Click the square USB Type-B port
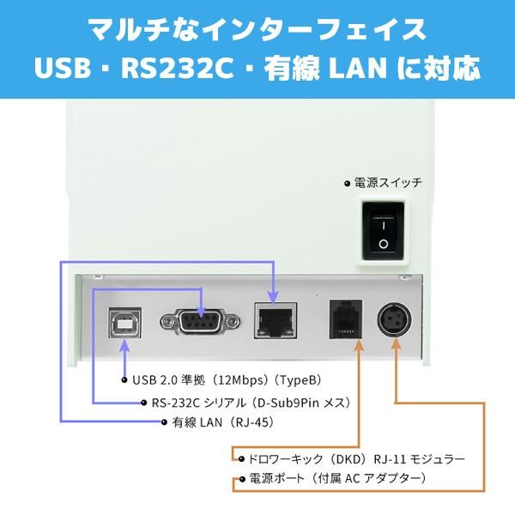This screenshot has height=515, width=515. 125,323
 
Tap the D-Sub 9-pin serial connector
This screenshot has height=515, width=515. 200,320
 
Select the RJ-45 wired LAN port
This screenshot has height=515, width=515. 276,321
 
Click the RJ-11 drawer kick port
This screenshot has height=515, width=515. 346,319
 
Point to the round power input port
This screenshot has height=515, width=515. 394,319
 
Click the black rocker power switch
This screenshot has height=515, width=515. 383,231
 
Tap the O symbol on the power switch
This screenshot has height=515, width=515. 384,244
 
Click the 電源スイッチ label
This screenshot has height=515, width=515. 388,183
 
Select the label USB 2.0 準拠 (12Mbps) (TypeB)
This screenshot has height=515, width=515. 227,380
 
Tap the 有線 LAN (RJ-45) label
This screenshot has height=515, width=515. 223,422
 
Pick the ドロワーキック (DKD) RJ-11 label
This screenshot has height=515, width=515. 356,459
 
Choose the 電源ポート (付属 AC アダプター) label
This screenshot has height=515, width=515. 337,478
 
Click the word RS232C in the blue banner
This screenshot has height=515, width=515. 178,69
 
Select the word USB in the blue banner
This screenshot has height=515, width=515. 62,69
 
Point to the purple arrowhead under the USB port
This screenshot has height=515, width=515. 124,346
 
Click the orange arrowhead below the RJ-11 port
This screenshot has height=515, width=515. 359,345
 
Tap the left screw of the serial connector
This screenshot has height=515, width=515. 167,320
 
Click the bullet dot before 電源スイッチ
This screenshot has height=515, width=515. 348,184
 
